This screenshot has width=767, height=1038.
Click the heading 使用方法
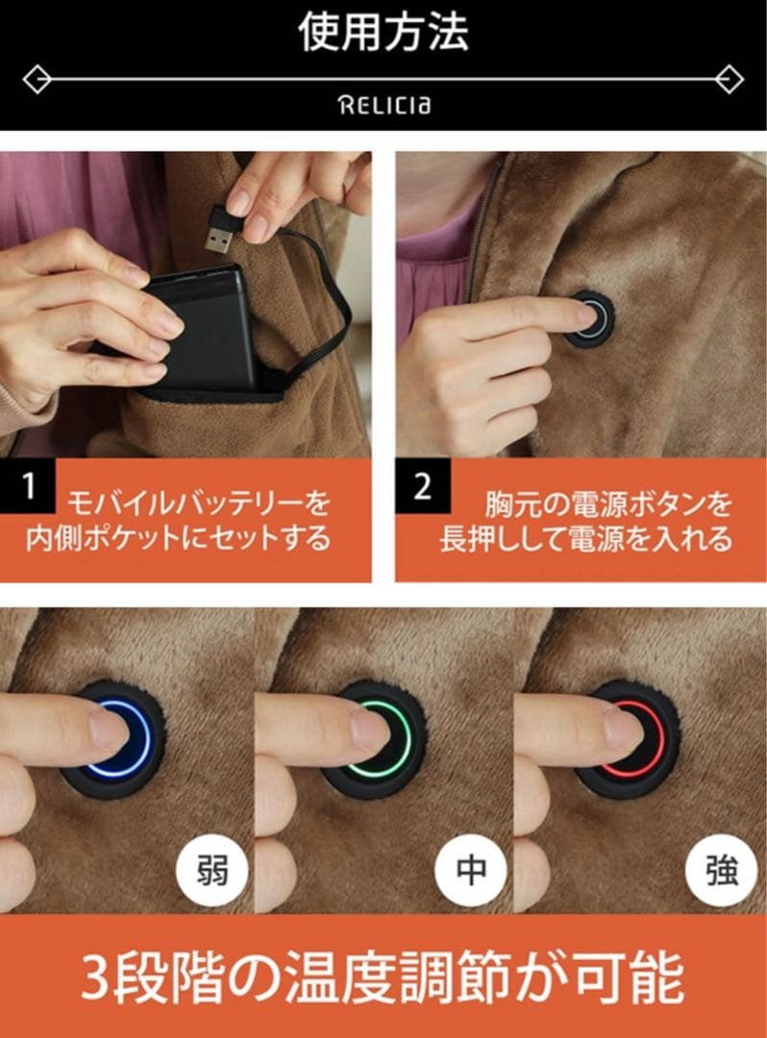[x=383, y=34]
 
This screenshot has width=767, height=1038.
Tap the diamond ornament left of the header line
[x=37, y=78]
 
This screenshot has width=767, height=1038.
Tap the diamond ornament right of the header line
[x=730, y=78]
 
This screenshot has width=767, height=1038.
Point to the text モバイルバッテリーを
[x=198, y=503]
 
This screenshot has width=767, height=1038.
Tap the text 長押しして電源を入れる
[x=585, y=538]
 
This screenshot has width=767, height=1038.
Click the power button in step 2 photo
[x=588, y=318]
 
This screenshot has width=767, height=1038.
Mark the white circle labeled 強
[x=722, y=871]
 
